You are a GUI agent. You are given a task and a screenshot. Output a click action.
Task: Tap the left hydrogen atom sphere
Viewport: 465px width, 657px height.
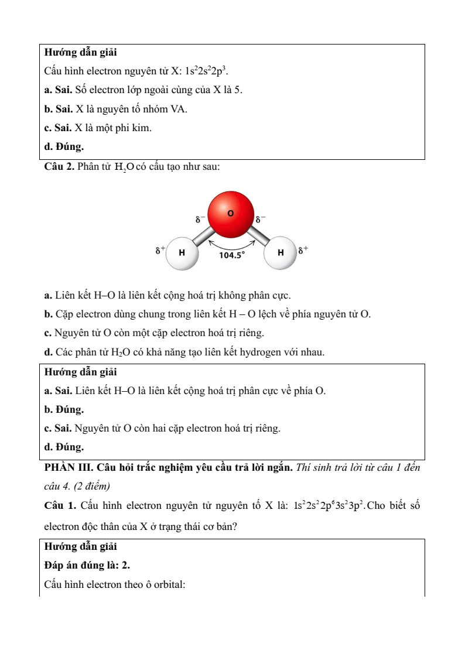[182, 253]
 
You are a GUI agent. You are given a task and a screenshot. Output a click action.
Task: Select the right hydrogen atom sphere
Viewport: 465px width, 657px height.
[280, 253]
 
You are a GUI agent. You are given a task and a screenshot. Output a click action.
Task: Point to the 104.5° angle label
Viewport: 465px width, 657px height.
[231, 255]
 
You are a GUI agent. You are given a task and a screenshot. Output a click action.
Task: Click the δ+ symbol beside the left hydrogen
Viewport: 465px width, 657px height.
[160, 250]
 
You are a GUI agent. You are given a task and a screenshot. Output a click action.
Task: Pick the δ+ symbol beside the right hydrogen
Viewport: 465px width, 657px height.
[303, 250]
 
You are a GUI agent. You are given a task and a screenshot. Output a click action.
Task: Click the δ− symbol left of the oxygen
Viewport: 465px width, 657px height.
[200, 219]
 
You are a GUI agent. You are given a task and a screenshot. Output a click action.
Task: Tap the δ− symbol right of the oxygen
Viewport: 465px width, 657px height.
[260, 219]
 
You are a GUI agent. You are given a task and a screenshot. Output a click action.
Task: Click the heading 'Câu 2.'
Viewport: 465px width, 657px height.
[59, 167]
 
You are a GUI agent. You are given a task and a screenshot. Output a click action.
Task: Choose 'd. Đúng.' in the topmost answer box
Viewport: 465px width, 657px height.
[64, 146]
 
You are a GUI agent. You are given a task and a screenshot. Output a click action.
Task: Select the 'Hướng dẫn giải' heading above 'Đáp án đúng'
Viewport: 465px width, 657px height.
[80, 546]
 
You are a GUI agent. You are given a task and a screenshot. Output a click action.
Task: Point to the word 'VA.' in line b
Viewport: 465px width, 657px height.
[179, 109]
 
